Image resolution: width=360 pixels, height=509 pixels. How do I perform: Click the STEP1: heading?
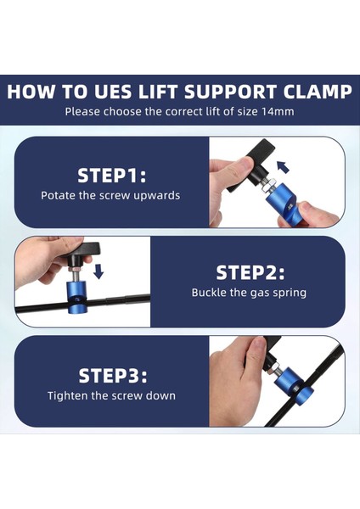pos(112,176)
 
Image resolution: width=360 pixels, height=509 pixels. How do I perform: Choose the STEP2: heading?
pos(250,272)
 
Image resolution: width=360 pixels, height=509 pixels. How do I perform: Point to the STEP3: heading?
pos(112,375)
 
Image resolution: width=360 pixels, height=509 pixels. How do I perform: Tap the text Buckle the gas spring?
pos(249,293)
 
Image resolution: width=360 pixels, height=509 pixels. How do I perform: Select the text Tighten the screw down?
pos(111,395)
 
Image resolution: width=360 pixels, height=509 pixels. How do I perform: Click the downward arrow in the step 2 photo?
pos(98,271)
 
